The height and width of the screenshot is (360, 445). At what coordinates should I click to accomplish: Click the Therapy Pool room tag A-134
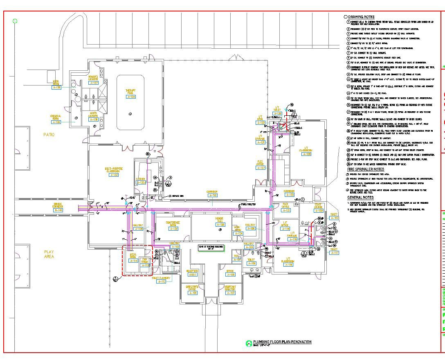pos(130,97)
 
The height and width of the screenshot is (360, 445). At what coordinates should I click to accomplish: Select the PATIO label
pos(49,134)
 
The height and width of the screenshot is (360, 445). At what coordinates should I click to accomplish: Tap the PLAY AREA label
pos(49,254)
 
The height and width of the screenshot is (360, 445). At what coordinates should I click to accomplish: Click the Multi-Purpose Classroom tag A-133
pos(114,175)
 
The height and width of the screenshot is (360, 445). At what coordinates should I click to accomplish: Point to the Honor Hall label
pos(220,220)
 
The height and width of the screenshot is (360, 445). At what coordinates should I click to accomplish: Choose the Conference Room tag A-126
pos(174,229)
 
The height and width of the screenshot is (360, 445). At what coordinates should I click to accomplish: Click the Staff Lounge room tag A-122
pos(319,211)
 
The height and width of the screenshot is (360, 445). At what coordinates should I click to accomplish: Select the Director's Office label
pos(192,287)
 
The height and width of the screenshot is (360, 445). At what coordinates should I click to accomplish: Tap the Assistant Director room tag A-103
pos(230,293)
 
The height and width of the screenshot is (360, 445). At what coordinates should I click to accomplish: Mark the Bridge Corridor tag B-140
pos(58,210)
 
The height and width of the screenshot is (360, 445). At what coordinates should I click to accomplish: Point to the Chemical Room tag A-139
pos(56,122)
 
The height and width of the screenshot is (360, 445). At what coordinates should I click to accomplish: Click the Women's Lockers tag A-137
pos(94,83)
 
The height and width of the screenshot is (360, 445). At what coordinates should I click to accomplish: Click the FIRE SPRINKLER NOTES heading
pos(365,169)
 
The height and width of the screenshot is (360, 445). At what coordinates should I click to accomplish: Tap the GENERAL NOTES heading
pos(360,198)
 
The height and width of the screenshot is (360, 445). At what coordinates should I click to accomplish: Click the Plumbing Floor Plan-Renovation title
pos(282,342)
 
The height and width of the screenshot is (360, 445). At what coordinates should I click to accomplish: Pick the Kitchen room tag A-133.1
pos(141,183)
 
